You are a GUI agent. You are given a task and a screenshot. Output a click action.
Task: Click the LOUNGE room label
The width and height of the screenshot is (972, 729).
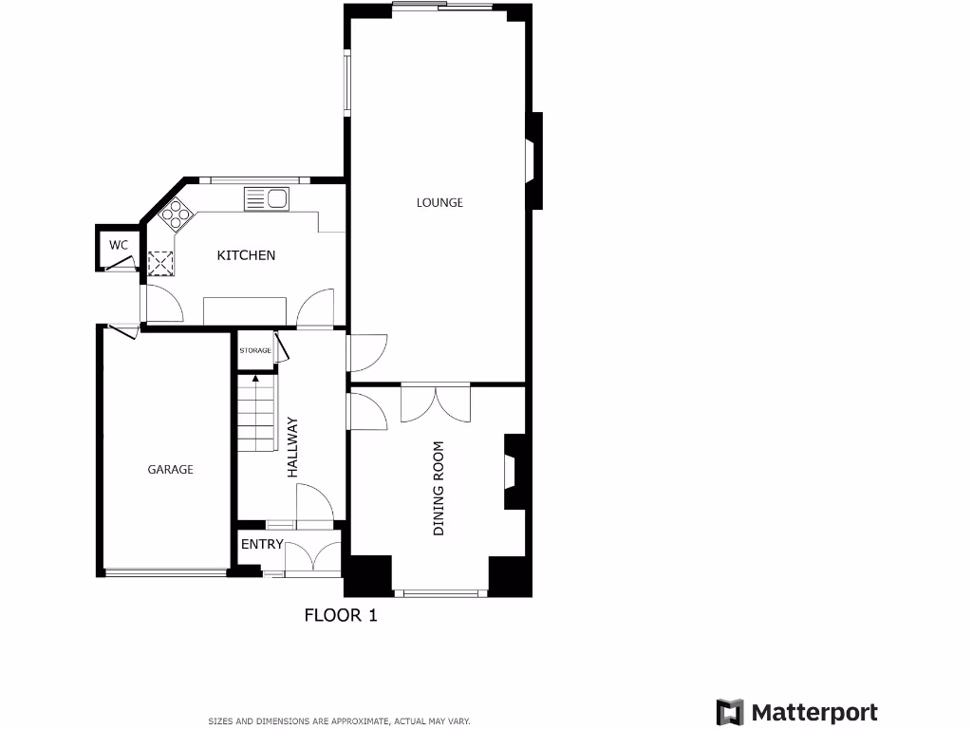point(439,202)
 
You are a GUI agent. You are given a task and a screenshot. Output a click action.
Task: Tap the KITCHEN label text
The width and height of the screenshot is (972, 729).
point(246,255)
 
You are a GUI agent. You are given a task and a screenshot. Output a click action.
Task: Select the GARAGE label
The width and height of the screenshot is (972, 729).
point(170,469)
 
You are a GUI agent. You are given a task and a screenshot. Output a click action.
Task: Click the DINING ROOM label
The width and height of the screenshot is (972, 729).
point(439,488)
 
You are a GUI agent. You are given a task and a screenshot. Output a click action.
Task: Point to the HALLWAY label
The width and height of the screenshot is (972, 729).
point(292,447)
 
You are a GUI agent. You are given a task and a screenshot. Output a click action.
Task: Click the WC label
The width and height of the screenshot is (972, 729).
point(118,245)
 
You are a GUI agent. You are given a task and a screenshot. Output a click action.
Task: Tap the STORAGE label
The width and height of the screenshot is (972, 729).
point(254,350)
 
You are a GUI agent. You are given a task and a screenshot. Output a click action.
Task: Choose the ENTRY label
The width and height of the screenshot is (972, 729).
point(262,544)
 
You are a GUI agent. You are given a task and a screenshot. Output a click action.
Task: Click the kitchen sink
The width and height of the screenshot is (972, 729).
point(267,198)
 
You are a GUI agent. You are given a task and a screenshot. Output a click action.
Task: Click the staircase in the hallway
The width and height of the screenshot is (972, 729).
point(254,414)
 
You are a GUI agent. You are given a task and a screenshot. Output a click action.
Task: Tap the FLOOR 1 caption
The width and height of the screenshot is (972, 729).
point(341,615)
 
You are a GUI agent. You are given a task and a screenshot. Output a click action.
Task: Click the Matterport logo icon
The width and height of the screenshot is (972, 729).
point(729,712)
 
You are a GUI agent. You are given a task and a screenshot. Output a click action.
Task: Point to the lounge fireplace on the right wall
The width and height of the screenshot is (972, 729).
point(533,160)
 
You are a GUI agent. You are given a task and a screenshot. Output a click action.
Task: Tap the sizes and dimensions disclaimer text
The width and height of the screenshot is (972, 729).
point(339,721)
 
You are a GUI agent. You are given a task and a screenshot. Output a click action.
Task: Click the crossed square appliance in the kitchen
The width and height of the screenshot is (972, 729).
point(159,262)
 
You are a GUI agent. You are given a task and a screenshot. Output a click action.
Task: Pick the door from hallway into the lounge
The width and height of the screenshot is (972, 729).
point(366,352)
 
